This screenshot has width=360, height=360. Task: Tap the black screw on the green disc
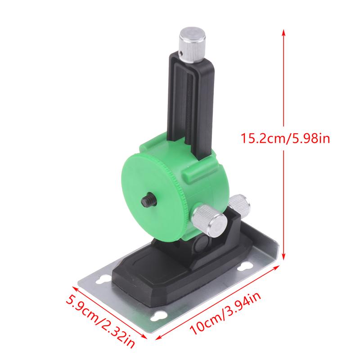point(147,199)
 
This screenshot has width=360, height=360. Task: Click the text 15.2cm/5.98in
point(285,138)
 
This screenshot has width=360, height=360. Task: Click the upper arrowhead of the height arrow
point(283,32)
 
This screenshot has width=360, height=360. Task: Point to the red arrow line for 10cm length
point(216,306)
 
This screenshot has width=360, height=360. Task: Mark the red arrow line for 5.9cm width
point(108,310)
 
